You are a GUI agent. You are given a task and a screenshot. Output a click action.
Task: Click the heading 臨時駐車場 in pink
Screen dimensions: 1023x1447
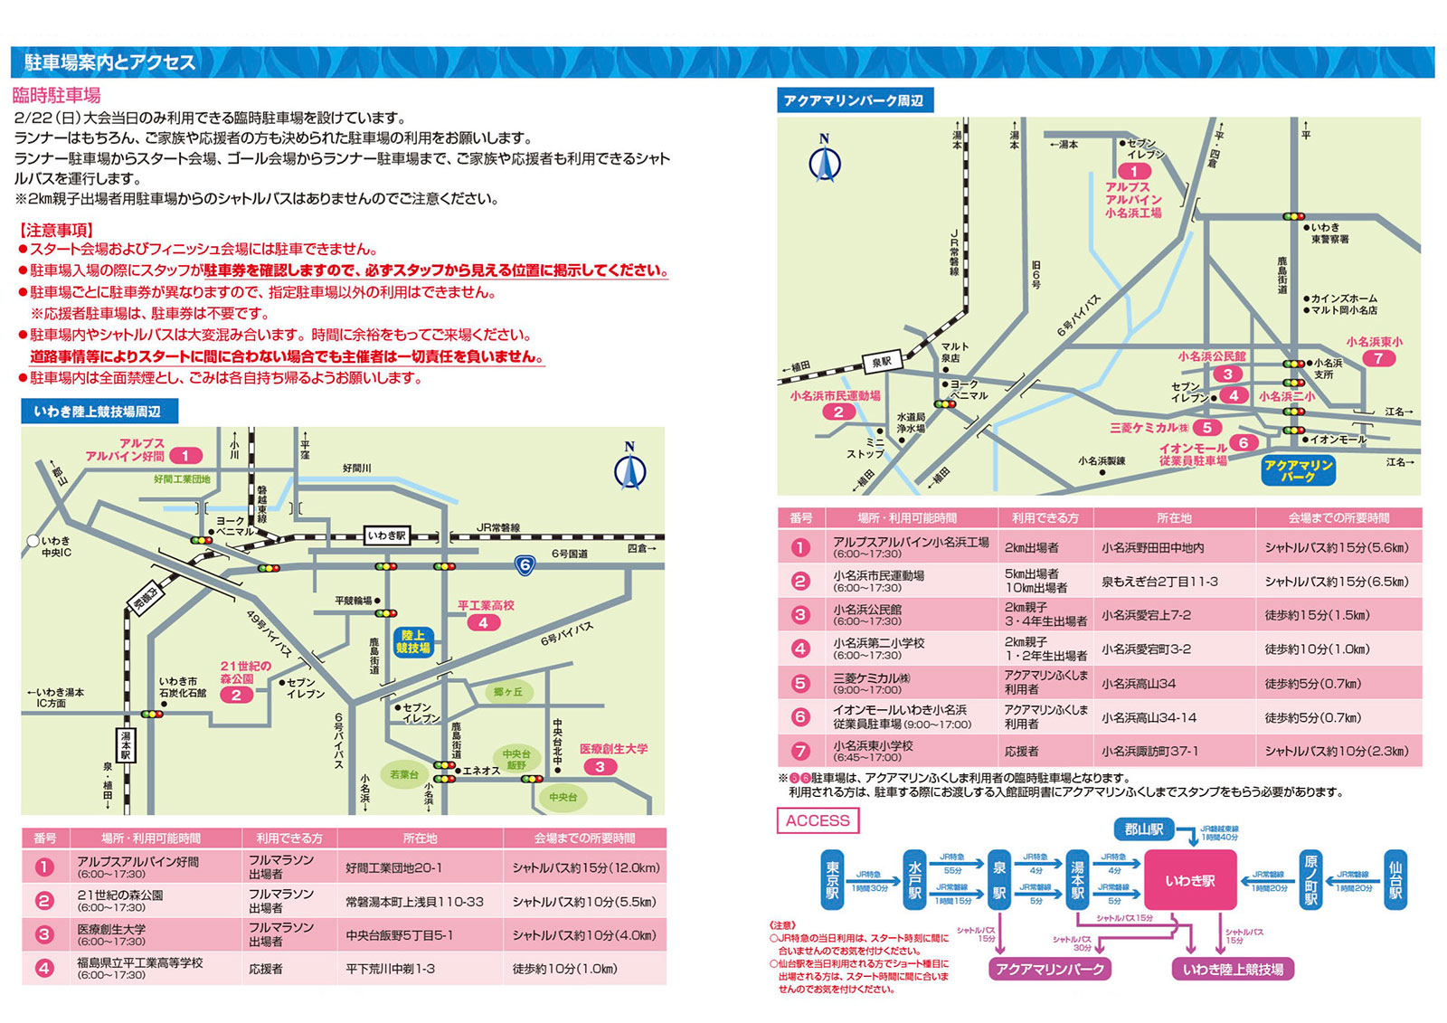tap(56, 95)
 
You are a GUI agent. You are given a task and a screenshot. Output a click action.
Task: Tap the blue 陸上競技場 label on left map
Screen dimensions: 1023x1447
tap(413, 641)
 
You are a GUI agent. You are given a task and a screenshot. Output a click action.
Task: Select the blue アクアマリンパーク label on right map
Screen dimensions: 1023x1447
tap(1298, 470)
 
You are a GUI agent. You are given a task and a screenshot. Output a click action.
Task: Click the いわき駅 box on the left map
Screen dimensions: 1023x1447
tap(387, 535)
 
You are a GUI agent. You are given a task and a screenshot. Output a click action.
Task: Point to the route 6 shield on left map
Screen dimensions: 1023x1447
tap(525, 565)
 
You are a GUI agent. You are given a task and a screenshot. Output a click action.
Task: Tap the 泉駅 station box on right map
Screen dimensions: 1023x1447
tap(881, 362)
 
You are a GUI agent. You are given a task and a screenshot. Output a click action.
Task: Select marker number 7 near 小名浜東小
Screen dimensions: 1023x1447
tap(1378, 358)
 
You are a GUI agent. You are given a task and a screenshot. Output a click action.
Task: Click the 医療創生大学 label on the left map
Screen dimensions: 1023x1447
tap(613, 749)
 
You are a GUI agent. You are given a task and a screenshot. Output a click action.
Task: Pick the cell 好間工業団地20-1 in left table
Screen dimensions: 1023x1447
tap(393, 868)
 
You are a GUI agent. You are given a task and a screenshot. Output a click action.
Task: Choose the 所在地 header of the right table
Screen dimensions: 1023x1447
tap(1174, 518)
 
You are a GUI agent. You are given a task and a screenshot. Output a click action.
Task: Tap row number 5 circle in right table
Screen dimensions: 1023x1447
tap(800, 683)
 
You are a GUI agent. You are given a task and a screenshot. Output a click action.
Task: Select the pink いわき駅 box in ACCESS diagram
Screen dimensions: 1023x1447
tap(1189, 880)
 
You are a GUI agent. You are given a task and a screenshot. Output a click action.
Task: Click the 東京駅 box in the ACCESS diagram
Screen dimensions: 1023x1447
tap(832, 879)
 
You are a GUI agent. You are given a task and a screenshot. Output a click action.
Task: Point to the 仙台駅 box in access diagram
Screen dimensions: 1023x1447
tap(1395, 879)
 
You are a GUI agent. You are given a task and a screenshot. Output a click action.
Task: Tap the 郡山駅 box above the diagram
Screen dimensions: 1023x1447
tap(1143, 829)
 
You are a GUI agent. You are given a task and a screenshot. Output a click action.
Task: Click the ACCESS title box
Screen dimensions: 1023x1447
tap(818, 820)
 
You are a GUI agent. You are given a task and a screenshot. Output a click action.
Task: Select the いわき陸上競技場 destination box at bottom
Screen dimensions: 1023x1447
tap(1233, 969)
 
